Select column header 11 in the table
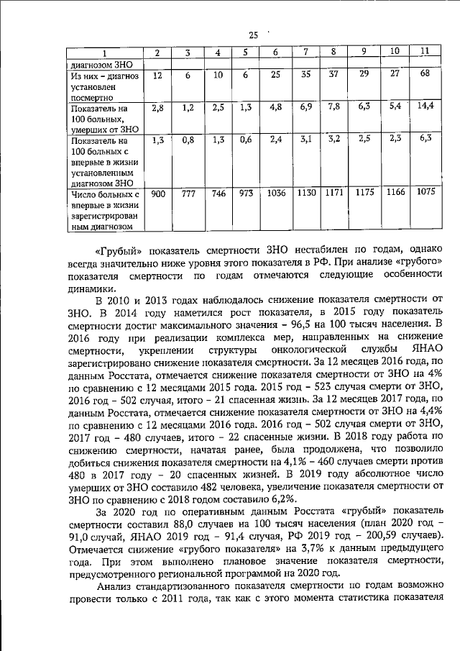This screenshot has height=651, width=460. (425, 51)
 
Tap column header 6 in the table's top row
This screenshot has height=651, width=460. (275, 52)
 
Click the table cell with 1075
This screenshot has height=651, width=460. (425, 192)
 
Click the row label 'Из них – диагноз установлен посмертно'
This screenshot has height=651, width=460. (101, 85)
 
